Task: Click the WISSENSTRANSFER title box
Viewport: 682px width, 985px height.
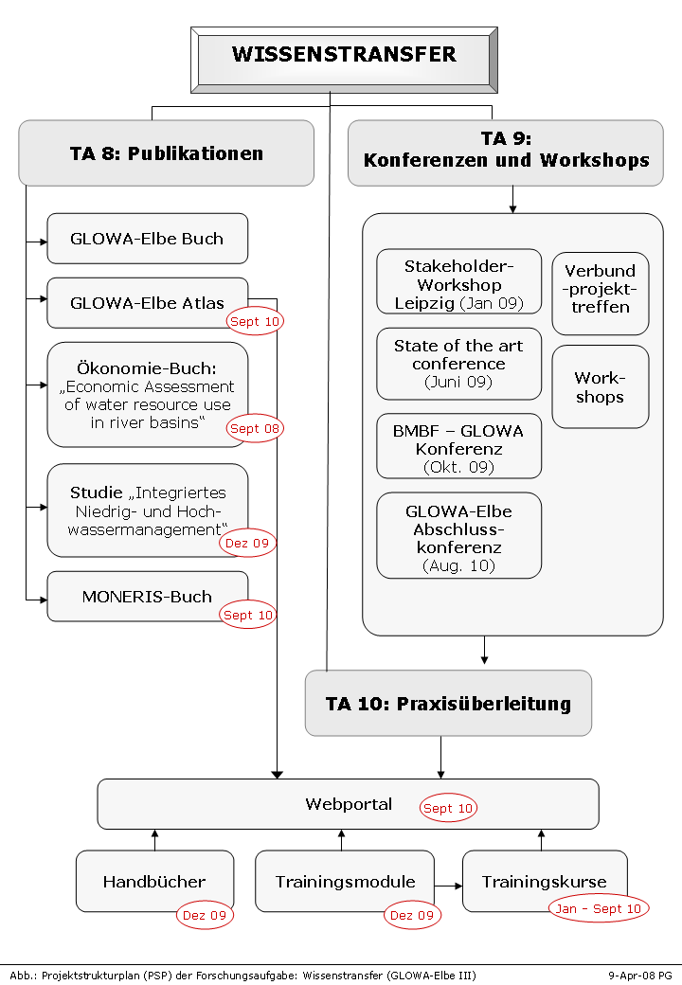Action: point(344,61)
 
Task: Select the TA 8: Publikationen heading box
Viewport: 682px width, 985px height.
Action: point(167,153)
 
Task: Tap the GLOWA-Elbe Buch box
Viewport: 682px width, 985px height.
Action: point(148,239)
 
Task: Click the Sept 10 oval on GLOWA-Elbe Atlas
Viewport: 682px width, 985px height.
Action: point(255,322)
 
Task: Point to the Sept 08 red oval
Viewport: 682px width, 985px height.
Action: point(255,428)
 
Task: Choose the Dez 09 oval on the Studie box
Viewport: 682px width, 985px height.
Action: point(247,543)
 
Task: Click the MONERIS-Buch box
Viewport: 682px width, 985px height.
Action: point(148,597)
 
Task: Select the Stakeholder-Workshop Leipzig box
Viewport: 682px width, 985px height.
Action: point(459,281)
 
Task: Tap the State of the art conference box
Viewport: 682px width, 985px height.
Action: point(459,364)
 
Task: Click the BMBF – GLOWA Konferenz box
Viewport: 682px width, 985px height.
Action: point(459,446)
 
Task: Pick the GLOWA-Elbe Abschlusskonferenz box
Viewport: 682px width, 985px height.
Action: point(459,535)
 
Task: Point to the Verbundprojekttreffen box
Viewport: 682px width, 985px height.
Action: point(601,294)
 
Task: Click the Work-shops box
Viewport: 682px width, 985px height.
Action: point(601,386)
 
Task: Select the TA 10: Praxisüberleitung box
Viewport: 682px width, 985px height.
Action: point(448,703)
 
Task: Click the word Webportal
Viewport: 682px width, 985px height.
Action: point(349,804)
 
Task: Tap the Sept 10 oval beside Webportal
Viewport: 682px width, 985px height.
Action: point(448,808)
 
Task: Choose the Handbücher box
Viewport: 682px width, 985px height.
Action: point(155,881)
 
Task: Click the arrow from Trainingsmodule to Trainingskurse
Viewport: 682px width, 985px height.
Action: point(448,886)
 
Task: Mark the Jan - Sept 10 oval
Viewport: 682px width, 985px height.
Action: point(599,908)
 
